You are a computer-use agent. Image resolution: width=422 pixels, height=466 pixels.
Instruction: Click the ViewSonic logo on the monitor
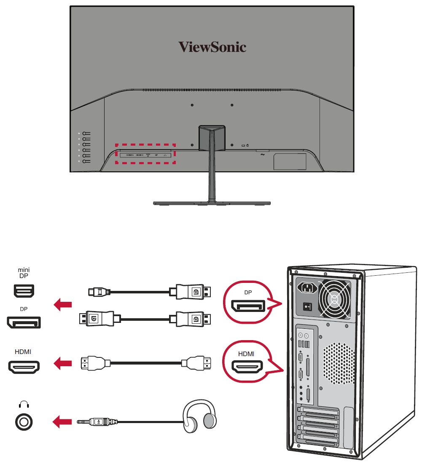(x=212, y=47)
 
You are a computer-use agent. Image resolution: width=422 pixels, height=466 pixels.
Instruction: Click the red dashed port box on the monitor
(x=145, y=154)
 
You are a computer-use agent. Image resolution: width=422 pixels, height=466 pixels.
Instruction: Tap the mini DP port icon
(x=24, y=290)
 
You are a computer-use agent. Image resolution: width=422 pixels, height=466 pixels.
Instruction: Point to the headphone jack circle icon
(x=24, y=421)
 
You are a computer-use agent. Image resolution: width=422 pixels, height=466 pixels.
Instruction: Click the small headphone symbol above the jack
(x=24, y=405)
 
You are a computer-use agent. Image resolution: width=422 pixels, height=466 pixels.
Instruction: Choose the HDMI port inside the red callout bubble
(x=247, y=367)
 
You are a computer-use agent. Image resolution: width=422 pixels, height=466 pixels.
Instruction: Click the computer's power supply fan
(x=335, y=300)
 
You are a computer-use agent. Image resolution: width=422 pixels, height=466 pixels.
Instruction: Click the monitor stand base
(x=211, y=203)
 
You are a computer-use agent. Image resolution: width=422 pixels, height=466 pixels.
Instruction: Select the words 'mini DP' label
(x=24, y=273)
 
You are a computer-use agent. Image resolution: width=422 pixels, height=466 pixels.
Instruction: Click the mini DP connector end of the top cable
(x=93, y=291)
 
